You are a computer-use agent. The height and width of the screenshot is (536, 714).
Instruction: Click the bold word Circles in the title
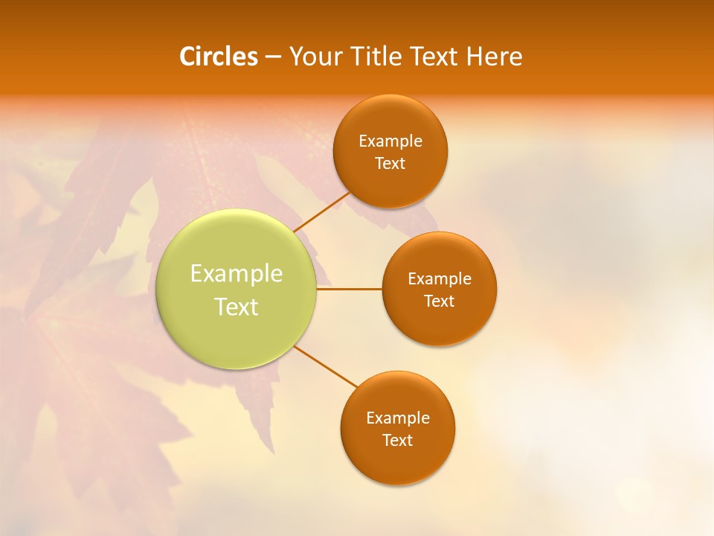click(219, 57)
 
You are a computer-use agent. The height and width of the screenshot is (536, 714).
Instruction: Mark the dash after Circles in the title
click(273, 57)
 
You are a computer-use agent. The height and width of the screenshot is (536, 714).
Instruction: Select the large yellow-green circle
click(237, 328)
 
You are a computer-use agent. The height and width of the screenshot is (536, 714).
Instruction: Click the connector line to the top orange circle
click(322, 211)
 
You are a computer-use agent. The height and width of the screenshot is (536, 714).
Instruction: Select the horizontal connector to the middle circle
click(350, 289)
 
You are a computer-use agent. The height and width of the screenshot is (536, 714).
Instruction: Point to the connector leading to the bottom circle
click(325, 367)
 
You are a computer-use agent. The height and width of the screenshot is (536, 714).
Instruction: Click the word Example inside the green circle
click(237, 274)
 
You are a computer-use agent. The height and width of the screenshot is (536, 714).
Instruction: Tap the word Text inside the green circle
click(237, 307)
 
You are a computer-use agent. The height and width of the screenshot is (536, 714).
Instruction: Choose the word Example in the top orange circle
click(390, 141)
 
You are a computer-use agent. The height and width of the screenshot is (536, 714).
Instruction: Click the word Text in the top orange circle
click(390, 164)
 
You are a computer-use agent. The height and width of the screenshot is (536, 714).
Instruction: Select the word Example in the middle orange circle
click(440, 279)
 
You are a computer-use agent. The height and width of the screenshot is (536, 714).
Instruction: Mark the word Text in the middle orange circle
click(440, 301)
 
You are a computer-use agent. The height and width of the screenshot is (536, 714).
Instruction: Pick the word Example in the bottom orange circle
click(398, 418)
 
